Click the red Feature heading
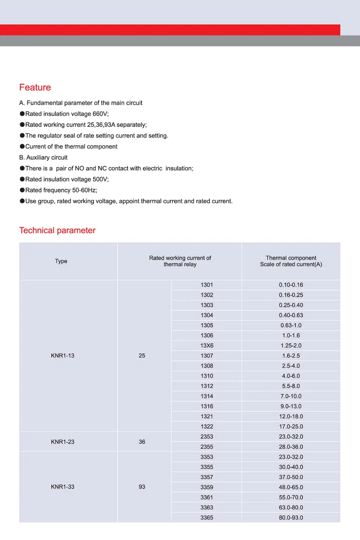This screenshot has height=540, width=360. click(35, 88)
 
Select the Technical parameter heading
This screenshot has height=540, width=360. click(57, 231)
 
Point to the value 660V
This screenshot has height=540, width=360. click(100, 114)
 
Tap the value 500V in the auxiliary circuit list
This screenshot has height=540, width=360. click(100, 179)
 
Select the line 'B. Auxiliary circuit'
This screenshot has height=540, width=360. click(43, 157)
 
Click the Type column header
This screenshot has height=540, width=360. click(61, 261)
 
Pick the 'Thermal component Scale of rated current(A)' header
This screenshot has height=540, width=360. click(291, 261)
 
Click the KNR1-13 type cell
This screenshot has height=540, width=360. click(62, 355)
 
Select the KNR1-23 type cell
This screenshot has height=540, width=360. click(62, 442)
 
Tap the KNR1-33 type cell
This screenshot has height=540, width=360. click(62, 487)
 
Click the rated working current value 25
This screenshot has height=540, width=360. click(142, 355)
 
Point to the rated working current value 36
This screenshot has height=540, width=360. click(142, 442)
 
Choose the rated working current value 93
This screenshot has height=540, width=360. click(142, 487)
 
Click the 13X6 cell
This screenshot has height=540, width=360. click(207, 346)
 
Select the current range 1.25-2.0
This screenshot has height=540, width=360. click(291, 346)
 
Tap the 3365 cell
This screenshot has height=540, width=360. click(207, 518)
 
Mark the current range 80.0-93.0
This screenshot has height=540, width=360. click(291, 518)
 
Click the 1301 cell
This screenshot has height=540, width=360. click(207, 285)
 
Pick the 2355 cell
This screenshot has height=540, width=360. click(207, 447)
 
